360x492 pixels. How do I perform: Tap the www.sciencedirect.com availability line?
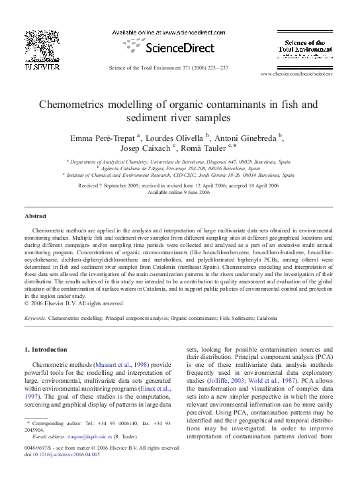(x=170, y=32)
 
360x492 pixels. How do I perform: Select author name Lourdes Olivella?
(x=179, y=138)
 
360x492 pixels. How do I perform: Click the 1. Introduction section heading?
(x=50, y=349)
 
